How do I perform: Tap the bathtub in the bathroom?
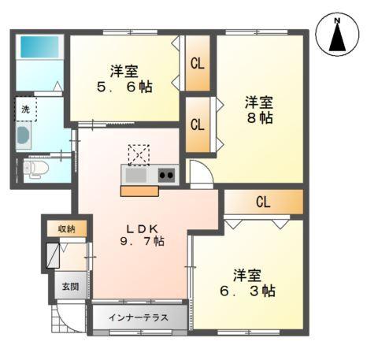35,46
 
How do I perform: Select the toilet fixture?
35,169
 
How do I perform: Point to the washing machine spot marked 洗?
25,110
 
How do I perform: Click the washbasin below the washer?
24,135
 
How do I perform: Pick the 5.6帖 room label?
125,77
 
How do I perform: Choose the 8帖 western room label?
258,109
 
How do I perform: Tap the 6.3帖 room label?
246,283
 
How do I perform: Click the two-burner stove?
167,175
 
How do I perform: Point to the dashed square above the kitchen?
138,154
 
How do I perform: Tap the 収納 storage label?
66,228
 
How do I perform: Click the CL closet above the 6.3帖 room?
262,202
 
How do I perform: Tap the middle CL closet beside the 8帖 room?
197,124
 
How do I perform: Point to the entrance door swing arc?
63,319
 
